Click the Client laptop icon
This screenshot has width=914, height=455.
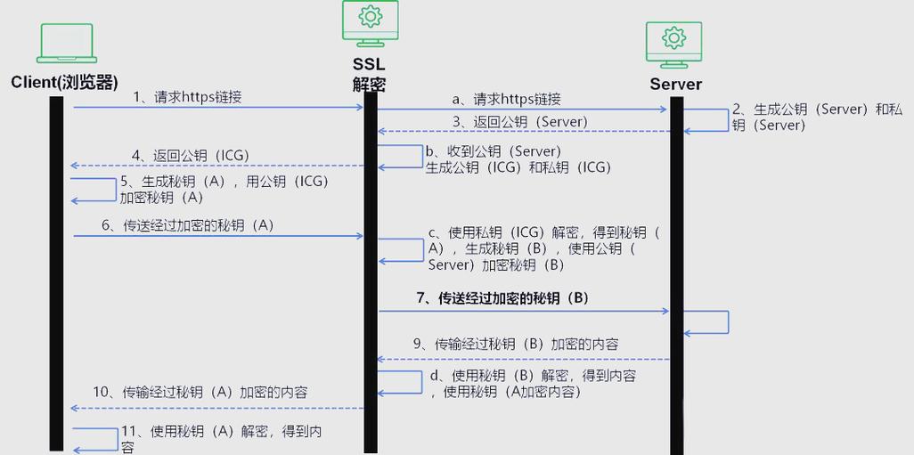[67, 43]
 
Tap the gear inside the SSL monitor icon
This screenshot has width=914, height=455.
[371, 16]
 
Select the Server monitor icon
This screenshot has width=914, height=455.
[673, 45]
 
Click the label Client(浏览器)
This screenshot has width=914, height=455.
[64, 82]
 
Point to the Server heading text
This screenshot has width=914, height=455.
[675, 84]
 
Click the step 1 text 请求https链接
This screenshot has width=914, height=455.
[198, 97]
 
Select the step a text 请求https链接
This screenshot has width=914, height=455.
[517, 100]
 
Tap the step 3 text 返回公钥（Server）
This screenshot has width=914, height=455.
[520, 122]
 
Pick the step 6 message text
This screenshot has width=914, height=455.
[188, 225]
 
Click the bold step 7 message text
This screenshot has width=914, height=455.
[503, 297]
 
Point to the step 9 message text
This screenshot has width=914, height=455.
[516, 345]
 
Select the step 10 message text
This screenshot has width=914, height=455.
[200, 392]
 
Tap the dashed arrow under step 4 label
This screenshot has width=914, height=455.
[217, 166]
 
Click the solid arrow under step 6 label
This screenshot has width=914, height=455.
[218, 236]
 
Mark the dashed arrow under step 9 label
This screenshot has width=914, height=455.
[524, 359]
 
